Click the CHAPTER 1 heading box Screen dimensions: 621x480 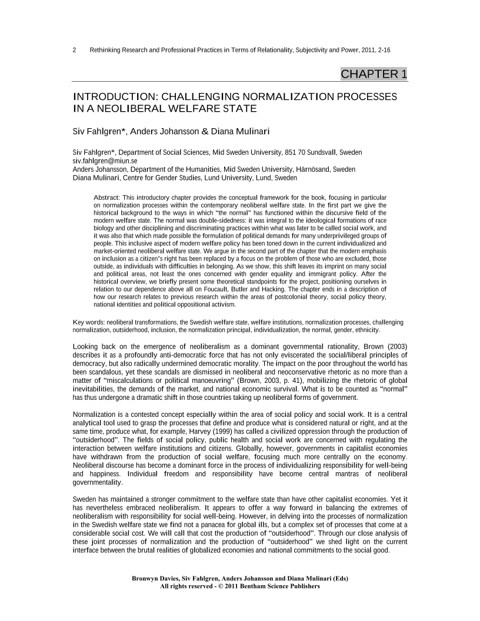(x=374, y=74)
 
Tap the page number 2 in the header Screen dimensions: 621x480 (x=74, y=50)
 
